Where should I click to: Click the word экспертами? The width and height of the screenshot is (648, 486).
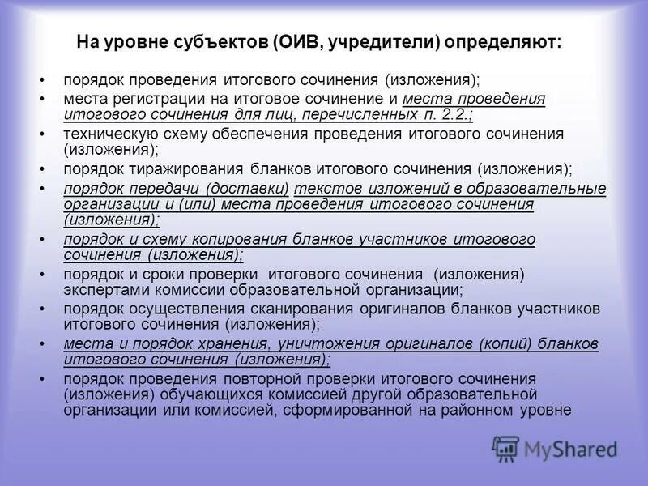[x=101, y=290]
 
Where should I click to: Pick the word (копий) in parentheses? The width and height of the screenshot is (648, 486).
[x=506, y=343]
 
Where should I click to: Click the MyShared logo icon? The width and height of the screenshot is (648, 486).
[x=506, y=447]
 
